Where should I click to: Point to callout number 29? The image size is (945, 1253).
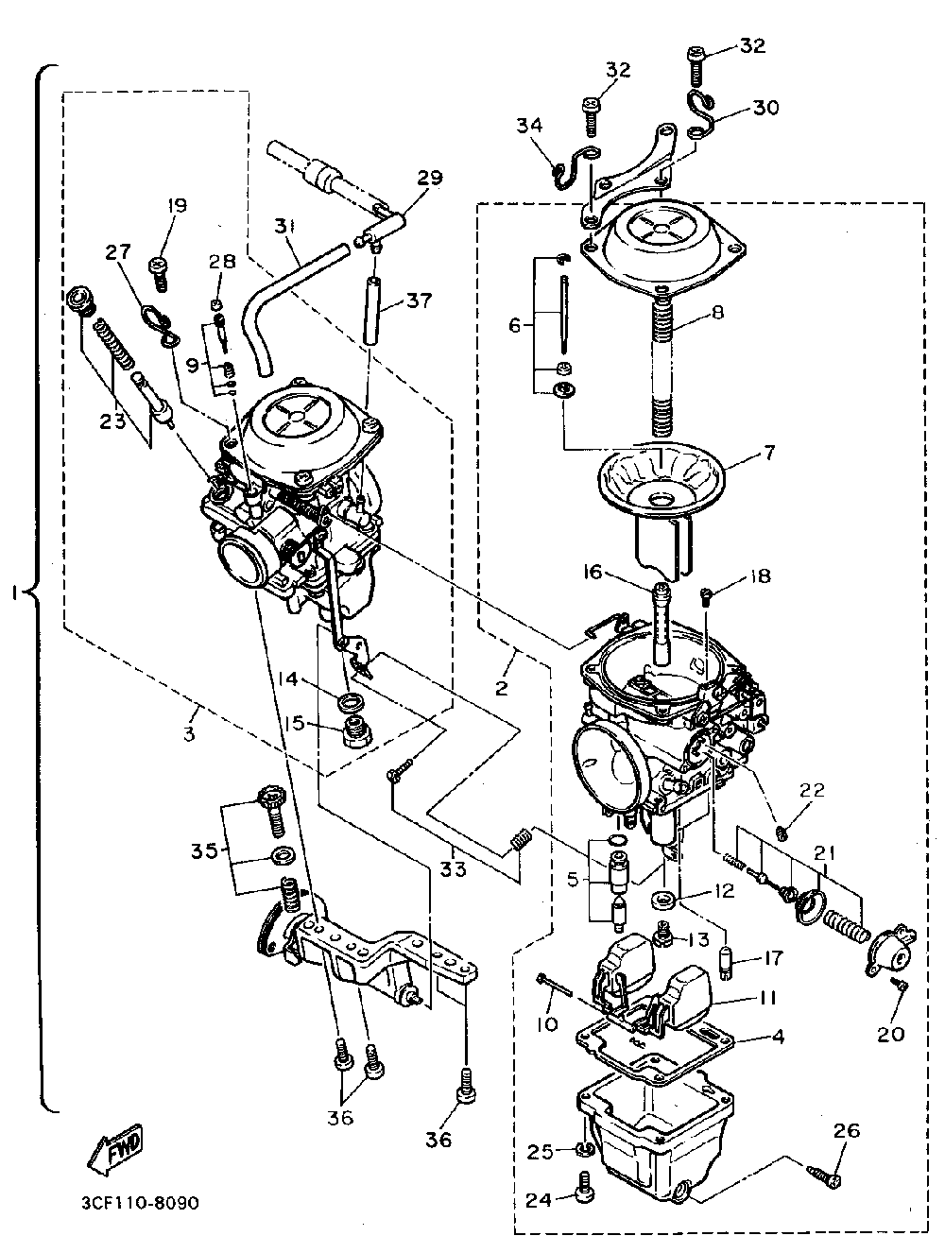(430, 178)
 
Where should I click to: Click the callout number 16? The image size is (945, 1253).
(592, 572)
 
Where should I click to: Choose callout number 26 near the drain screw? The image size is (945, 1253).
(847, 1130)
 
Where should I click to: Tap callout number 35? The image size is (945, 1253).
(202, 850)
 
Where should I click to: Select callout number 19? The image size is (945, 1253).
(177, 205)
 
